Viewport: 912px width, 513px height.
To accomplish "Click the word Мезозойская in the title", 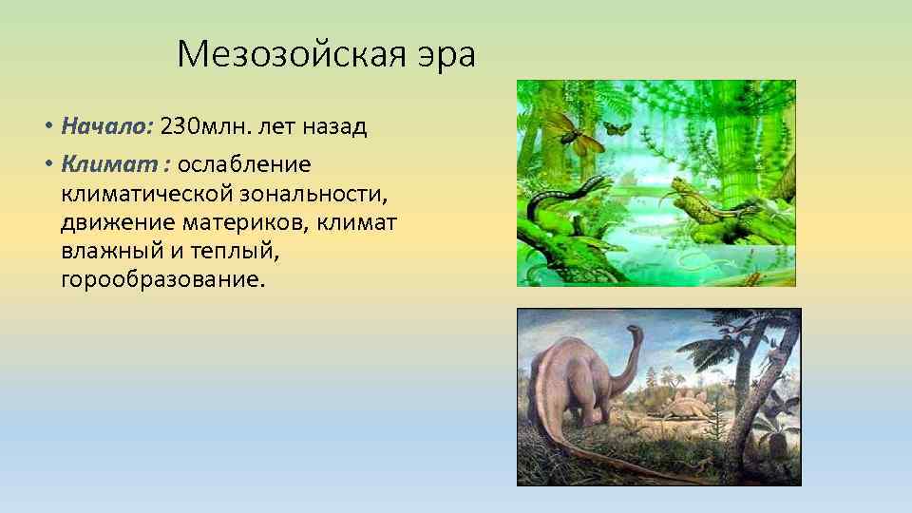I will (x=293, y=55).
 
